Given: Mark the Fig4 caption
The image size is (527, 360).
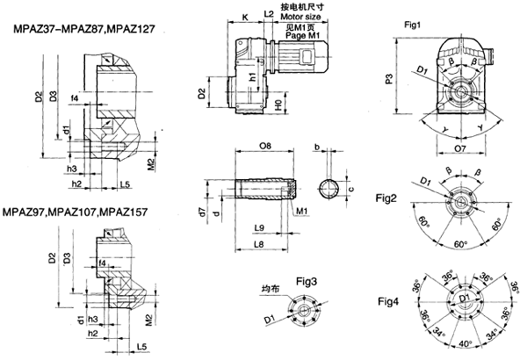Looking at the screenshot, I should [386, 302].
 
